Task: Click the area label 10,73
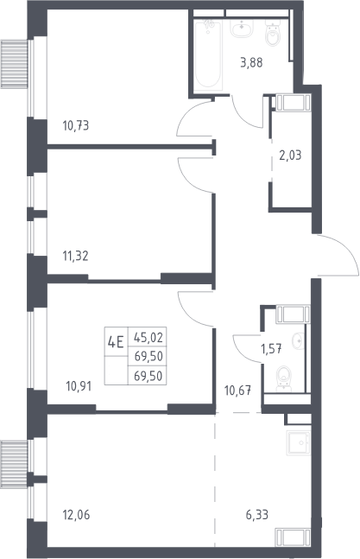click(x=75, y=125)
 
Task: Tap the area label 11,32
click(x=75, y=256)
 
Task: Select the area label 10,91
click(x=79, y=386)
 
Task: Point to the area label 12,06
click(x=76, y=515)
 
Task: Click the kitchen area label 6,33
click(x=257, y=515)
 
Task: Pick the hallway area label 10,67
click(x=237, y=391)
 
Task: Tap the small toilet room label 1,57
click(x=271, y=349)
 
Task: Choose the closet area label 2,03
click(x=290, y=156)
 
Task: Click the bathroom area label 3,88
click(x=251, y=63)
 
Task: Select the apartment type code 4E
click(x=116, y=342)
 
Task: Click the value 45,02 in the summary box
click(x=148, y=337)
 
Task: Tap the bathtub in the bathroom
click(x=208, y=54)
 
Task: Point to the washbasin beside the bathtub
click(x=242, y=28)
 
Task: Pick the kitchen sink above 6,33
click(x=299, y=442)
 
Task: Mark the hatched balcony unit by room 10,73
click(x=14, y=64)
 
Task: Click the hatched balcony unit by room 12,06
click(x=14, y=464)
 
